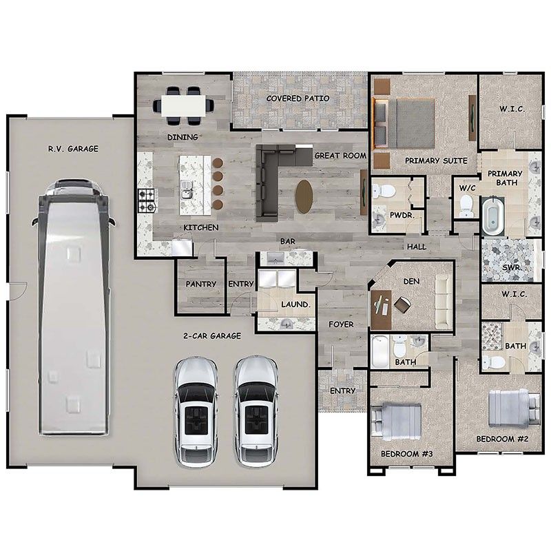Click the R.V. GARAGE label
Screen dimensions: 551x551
point(73,148)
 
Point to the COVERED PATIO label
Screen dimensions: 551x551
point(298,98)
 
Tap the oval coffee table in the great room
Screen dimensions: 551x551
point(304,196)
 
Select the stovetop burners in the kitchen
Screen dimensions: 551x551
point(147,200)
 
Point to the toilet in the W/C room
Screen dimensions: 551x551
point(466,205)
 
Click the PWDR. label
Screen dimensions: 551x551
point(400,215)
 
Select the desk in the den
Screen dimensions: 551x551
point(380,310)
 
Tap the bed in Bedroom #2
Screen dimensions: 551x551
point(512,408)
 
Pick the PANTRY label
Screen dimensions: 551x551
point(201,284)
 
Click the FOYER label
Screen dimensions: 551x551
point(341,324)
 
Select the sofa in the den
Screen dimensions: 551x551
point(443,302)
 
